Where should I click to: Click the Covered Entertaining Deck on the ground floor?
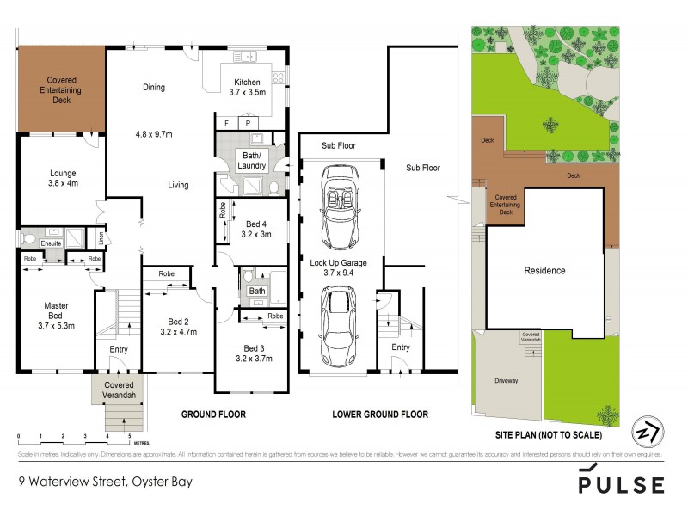coord(60,89)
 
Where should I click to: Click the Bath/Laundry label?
coord(251,161)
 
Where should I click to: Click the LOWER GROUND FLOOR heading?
coord(380,415)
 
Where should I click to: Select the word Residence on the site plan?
coord(544,271)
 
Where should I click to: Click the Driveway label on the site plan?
coord(507,380)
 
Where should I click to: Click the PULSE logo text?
coord(620,484)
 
